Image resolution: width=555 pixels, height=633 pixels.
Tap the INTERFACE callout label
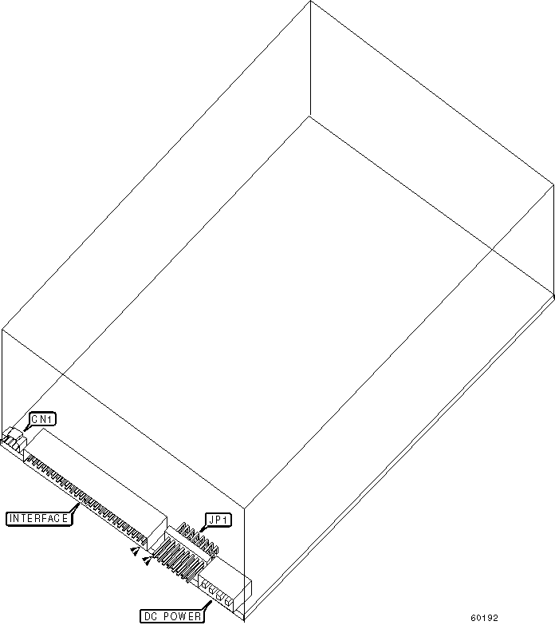tap(38, 518)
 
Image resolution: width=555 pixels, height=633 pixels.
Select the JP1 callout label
tap(218, 520)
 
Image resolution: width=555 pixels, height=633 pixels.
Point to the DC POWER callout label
tap(171, 616)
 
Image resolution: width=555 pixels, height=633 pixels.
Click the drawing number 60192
tap(484, 618)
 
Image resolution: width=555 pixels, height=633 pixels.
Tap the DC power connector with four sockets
tap(217, 594)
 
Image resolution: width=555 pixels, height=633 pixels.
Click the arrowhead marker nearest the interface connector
tap(136, 551)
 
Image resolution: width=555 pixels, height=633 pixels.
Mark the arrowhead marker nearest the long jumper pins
tap(147, 562)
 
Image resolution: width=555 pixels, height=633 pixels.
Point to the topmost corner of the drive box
tap(309, 2)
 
